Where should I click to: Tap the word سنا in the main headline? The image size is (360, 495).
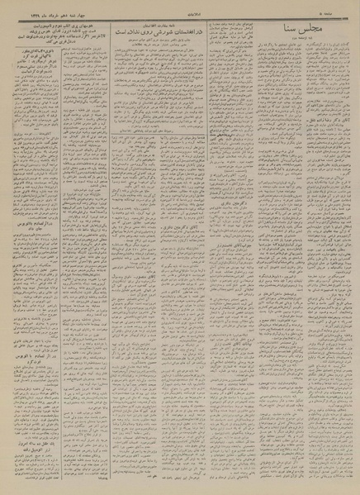[x=294, y=31]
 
